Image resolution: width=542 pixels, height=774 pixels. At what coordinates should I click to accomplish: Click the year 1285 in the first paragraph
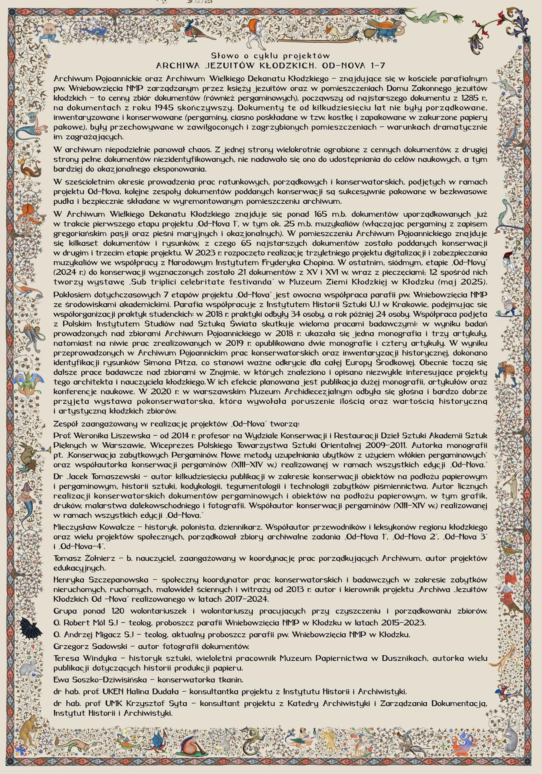click(x=469, y=98)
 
